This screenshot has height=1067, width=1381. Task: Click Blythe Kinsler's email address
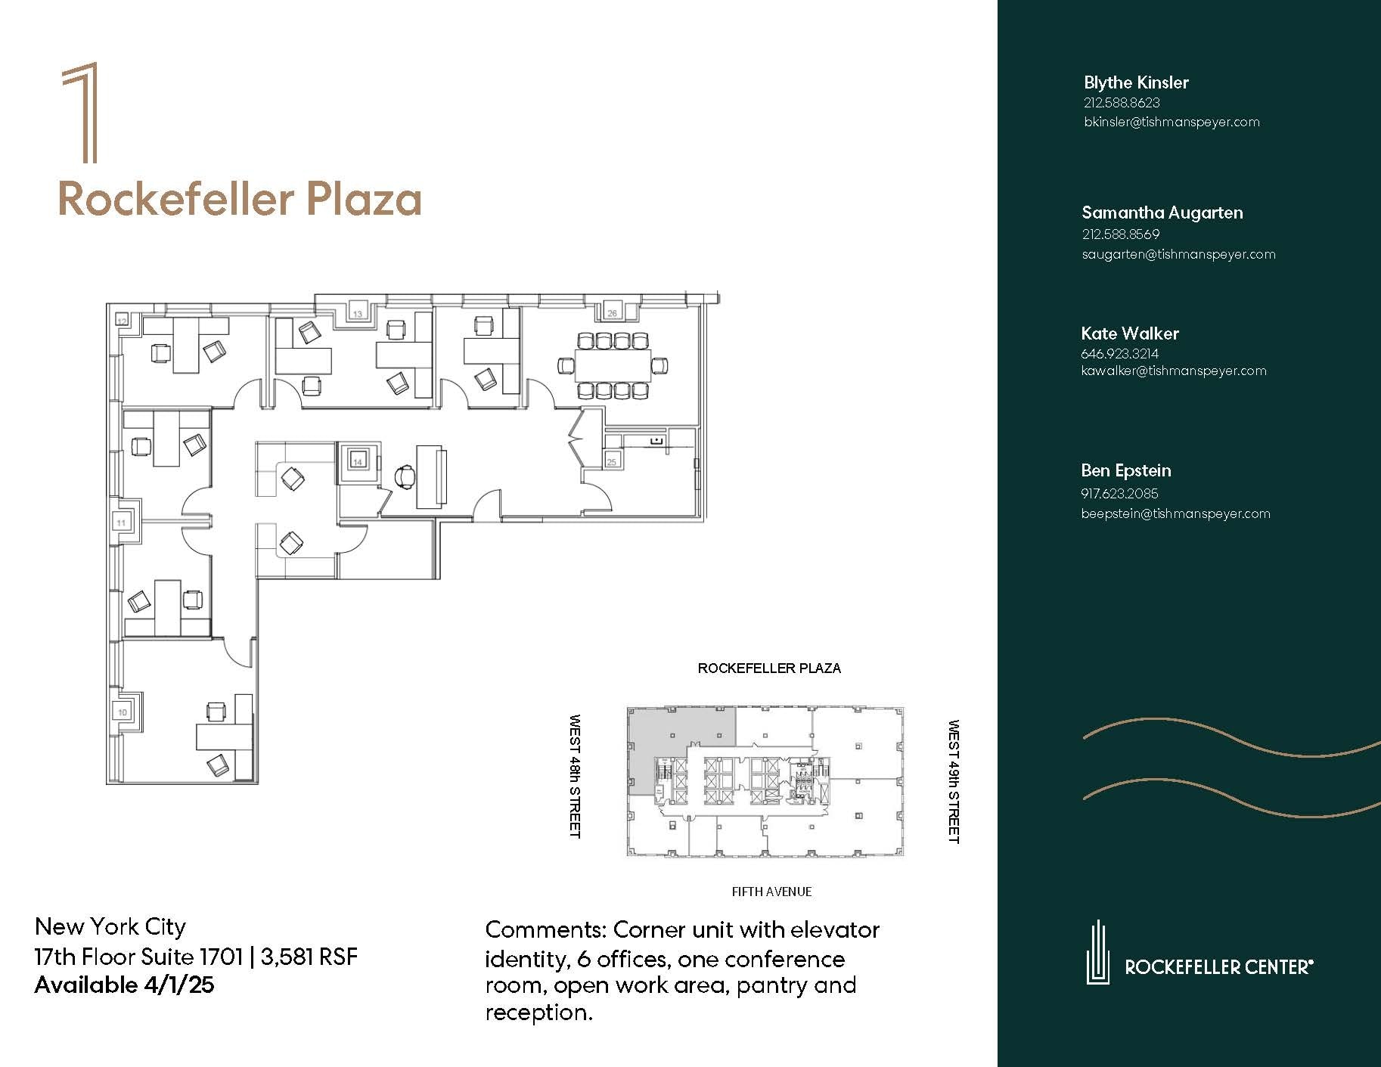pos(1172,122)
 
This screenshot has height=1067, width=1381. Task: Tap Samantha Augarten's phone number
pos(1120,234)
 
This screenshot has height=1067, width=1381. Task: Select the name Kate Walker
pos(1129,333)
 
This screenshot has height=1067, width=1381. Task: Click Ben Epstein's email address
pos(1175,513)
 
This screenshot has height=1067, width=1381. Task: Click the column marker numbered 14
pos(358,461)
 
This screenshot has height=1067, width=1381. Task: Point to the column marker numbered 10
pos(123,712)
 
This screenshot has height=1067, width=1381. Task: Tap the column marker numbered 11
pos(121,522)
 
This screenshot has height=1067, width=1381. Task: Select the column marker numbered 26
pos(612,312)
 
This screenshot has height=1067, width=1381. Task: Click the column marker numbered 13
pos(358,313)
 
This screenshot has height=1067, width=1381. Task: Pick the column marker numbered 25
pos(612,461)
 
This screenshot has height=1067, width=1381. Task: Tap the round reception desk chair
pos(405,476)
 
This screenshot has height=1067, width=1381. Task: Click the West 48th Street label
pos(575,776)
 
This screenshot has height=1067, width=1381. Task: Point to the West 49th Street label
pos(953,781)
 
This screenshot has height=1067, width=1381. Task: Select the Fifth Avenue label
pos(771,892)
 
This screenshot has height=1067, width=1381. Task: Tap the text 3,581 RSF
pos(309,957)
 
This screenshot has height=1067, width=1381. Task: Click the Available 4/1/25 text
pos(124,985)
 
